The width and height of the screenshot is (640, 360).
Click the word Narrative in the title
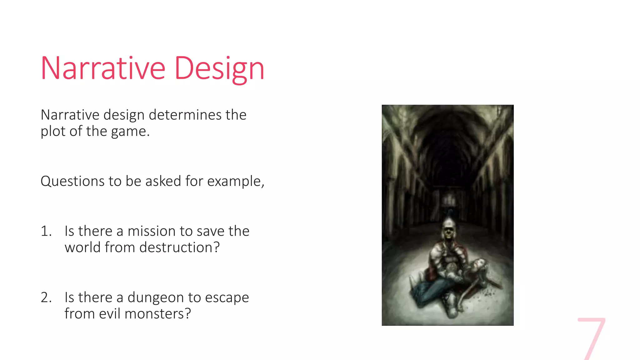(x=103, y=68)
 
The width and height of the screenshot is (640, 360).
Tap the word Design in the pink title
(x=219, y=69)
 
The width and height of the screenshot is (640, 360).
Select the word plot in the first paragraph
(x=53, y=132)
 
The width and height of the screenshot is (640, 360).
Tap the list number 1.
(x=45, y=231)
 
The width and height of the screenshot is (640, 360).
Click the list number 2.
(x=46, y=297)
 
